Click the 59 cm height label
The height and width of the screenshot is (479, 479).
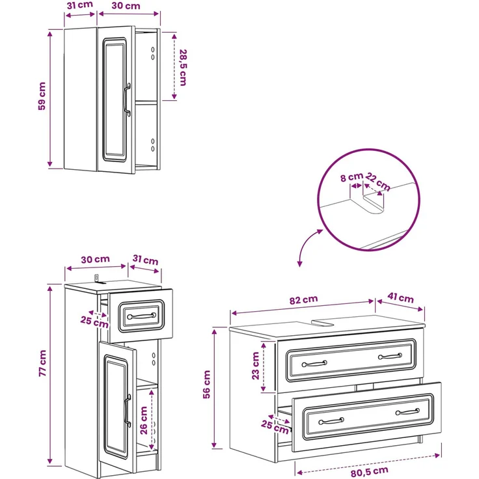click(x=42, y=96)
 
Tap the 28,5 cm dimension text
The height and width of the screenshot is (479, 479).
click(x=183, y=68)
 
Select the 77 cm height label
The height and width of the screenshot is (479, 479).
click(x=42, y=363)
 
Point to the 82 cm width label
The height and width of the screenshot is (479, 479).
click(x=304, y=299)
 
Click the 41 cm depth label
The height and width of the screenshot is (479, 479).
click(x=400, y=297)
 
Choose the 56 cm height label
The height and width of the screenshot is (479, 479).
click(x=206, y=384)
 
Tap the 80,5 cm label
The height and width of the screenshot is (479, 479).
click(x=369, y=471)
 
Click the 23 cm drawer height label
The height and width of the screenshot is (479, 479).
click(x=255, y=366)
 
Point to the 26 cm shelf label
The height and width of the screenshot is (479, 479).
click(x=144, y=420)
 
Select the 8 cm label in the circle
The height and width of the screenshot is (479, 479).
click(x=351, y=177)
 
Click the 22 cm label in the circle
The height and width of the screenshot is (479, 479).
click(x=378, y=182)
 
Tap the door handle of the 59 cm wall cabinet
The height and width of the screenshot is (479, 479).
click(x=127, y=100)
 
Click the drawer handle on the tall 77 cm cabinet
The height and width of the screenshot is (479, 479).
click(x=142, y=316)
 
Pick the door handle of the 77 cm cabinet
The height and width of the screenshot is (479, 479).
click(x=128, y=410)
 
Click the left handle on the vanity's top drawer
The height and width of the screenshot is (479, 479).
click(x=314, y=364)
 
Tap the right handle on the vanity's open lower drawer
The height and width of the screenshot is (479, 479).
click(x=408, y=412)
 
